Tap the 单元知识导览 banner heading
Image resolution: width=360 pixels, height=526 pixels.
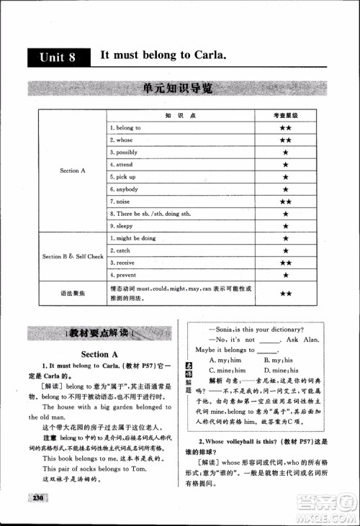[178, 90]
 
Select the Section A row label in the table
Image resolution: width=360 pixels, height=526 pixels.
[73, 171]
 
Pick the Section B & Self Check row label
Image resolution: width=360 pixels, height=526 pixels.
[73, 256]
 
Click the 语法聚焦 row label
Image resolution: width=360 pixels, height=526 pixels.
[73, 293]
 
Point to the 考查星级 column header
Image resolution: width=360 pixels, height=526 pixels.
[285, 115]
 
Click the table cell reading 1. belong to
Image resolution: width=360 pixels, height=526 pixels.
[125, 127]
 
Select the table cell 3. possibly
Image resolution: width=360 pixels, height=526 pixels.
[124, 152]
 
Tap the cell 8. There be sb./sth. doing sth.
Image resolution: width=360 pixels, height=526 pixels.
[150, 214]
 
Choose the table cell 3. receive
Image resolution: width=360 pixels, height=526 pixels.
[123, 263]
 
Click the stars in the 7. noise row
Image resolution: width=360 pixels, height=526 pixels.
[285, 201]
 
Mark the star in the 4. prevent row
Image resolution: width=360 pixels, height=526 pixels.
[285, 275]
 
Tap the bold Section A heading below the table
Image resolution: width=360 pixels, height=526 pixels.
[99, 354]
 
